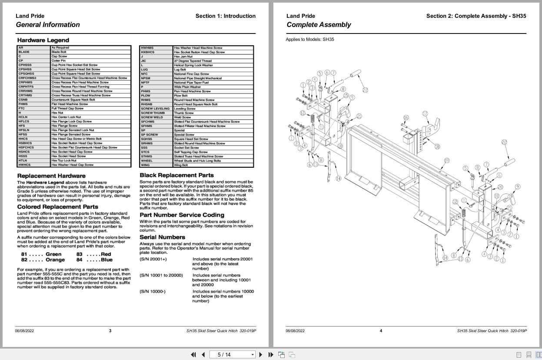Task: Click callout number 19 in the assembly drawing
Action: pyautogui.click(x=446, y=161)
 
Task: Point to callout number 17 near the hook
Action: pyautogui.click(x=425, y=114)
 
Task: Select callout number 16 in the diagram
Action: pyautogui.click(x=406, y=118)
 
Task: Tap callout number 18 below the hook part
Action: pyautogui.click(x=437, y=147)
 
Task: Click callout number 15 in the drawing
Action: pyautogui.click(x=346, y=95)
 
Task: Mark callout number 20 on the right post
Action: pyautogui.click(x=500, y=187)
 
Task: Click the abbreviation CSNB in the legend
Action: pyautogui.click(x=23, y=100)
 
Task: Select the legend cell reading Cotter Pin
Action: pyautogui.click(x=58, y=61)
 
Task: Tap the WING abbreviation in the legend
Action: pyautogui.click(x=146, y=165)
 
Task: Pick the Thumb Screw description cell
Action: pyautogui.click(x=183, y=113)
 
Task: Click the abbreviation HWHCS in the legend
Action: pyautogui.click(x=24, y=165)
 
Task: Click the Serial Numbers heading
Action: pyautogui.click(x=162, y=237)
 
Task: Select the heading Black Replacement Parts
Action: pyautogui.click(x=176, y=175)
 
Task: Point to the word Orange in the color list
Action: pyautogui.click(x=55, y=260)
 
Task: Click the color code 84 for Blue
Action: pyautogui.click(x=80, y=260)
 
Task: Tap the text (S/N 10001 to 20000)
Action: pyautogui.click(x=161, y=276)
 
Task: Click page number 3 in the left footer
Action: pyautogui.click(x=110, y=331)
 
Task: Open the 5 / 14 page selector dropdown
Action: pyautogui.click(x=253, y=355)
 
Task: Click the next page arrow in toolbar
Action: pyautogui.click(x=261, y=355)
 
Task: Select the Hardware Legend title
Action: pyautogui.click(x=43, y=40)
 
